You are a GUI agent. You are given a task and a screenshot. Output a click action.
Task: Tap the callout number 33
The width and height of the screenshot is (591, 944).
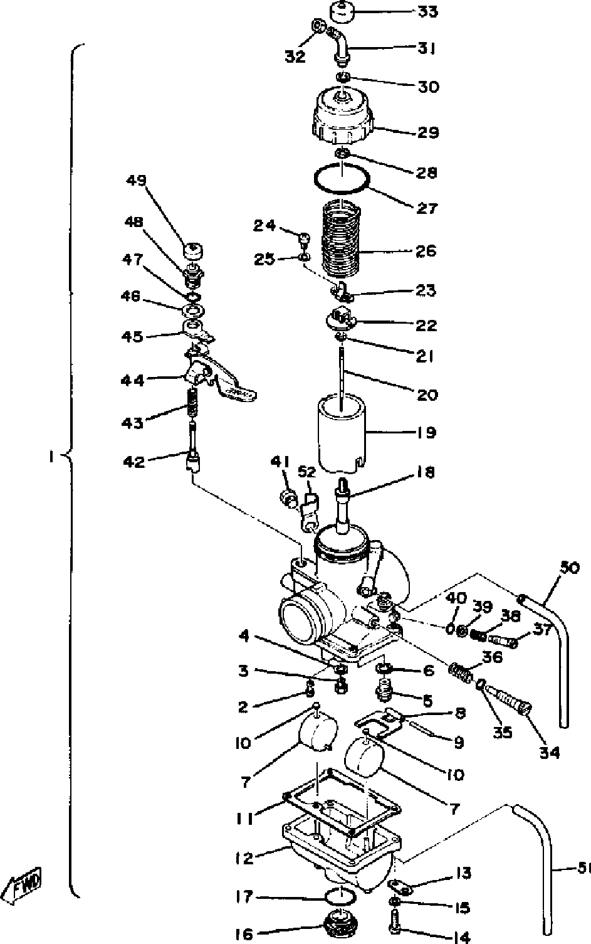point(429,11)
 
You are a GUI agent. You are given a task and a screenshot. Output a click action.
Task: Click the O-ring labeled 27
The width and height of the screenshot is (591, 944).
point(341,178)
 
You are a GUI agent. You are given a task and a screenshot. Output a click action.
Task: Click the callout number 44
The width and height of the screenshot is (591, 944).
point(133,381)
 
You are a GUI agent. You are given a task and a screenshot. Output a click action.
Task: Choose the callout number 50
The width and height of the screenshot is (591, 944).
point(570,568)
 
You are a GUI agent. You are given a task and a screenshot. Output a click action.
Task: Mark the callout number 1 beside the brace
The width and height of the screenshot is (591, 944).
point(48,457)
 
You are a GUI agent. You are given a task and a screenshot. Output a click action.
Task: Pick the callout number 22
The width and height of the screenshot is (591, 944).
point(428,326)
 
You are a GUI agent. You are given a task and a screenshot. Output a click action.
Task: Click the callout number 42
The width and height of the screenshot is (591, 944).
point(133,462)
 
